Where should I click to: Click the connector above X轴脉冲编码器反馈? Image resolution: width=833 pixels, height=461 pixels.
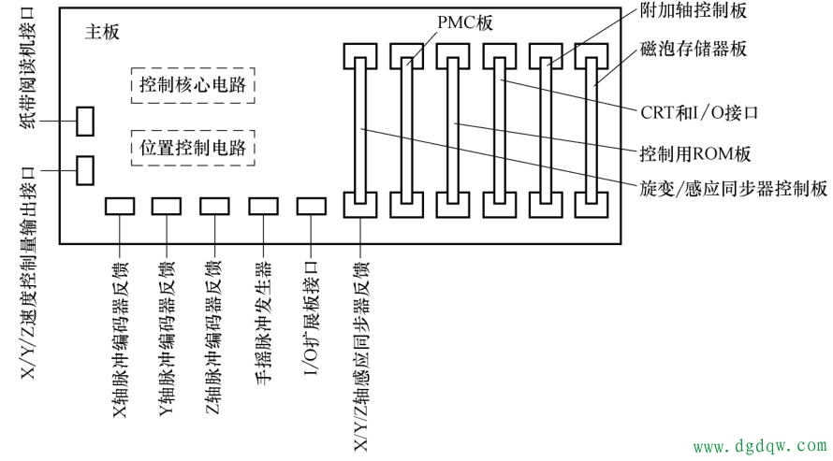pos(121,207)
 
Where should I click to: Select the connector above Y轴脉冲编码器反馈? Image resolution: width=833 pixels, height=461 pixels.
pos(168,207)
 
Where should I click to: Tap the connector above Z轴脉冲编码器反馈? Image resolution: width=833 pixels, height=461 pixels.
pos(216,207)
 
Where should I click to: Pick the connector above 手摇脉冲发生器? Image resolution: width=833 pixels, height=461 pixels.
pos(263,207)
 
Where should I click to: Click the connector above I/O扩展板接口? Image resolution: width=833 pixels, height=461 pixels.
pos(311,207)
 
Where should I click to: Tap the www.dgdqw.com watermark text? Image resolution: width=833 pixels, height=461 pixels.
pos(759,448)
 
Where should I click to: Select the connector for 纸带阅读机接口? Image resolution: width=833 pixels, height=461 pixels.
pos(85,121)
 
